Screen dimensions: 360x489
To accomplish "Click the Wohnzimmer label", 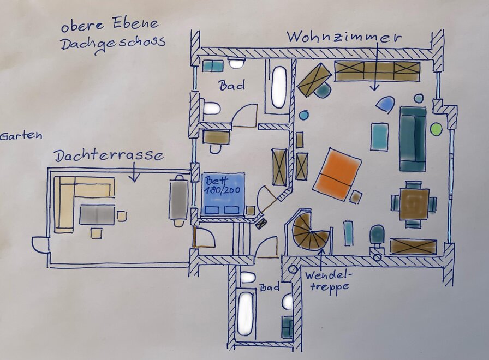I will (344, 38).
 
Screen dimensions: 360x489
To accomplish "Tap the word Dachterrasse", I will (109, 157).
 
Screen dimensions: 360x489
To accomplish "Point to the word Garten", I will (21, 136).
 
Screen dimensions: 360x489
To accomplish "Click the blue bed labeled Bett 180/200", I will (224, 194).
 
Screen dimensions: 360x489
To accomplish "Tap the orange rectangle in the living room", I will (337, 173).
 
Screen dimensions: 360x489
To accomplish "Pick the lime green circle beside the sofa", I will (436, 129).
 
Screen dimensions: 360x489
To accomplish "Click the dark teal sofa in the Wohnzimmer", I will (413, 139).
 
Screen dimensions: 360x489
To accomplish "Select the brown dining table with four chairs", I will (414, 203).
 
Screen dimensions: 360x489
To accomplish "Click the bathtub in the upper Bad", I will (279, 87).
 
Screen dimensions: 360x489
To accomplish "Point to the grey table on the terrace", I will (97, 215).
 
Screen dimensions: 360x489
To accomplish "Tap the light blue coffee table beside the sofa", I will (379, 136).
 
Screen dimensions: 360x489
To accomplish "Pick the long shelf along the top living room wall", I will (377, 71).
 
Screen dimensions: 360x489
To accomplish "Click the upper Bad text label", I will (231, 86).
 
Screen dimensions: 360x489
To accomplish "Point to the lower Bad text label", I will (271, 287).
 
